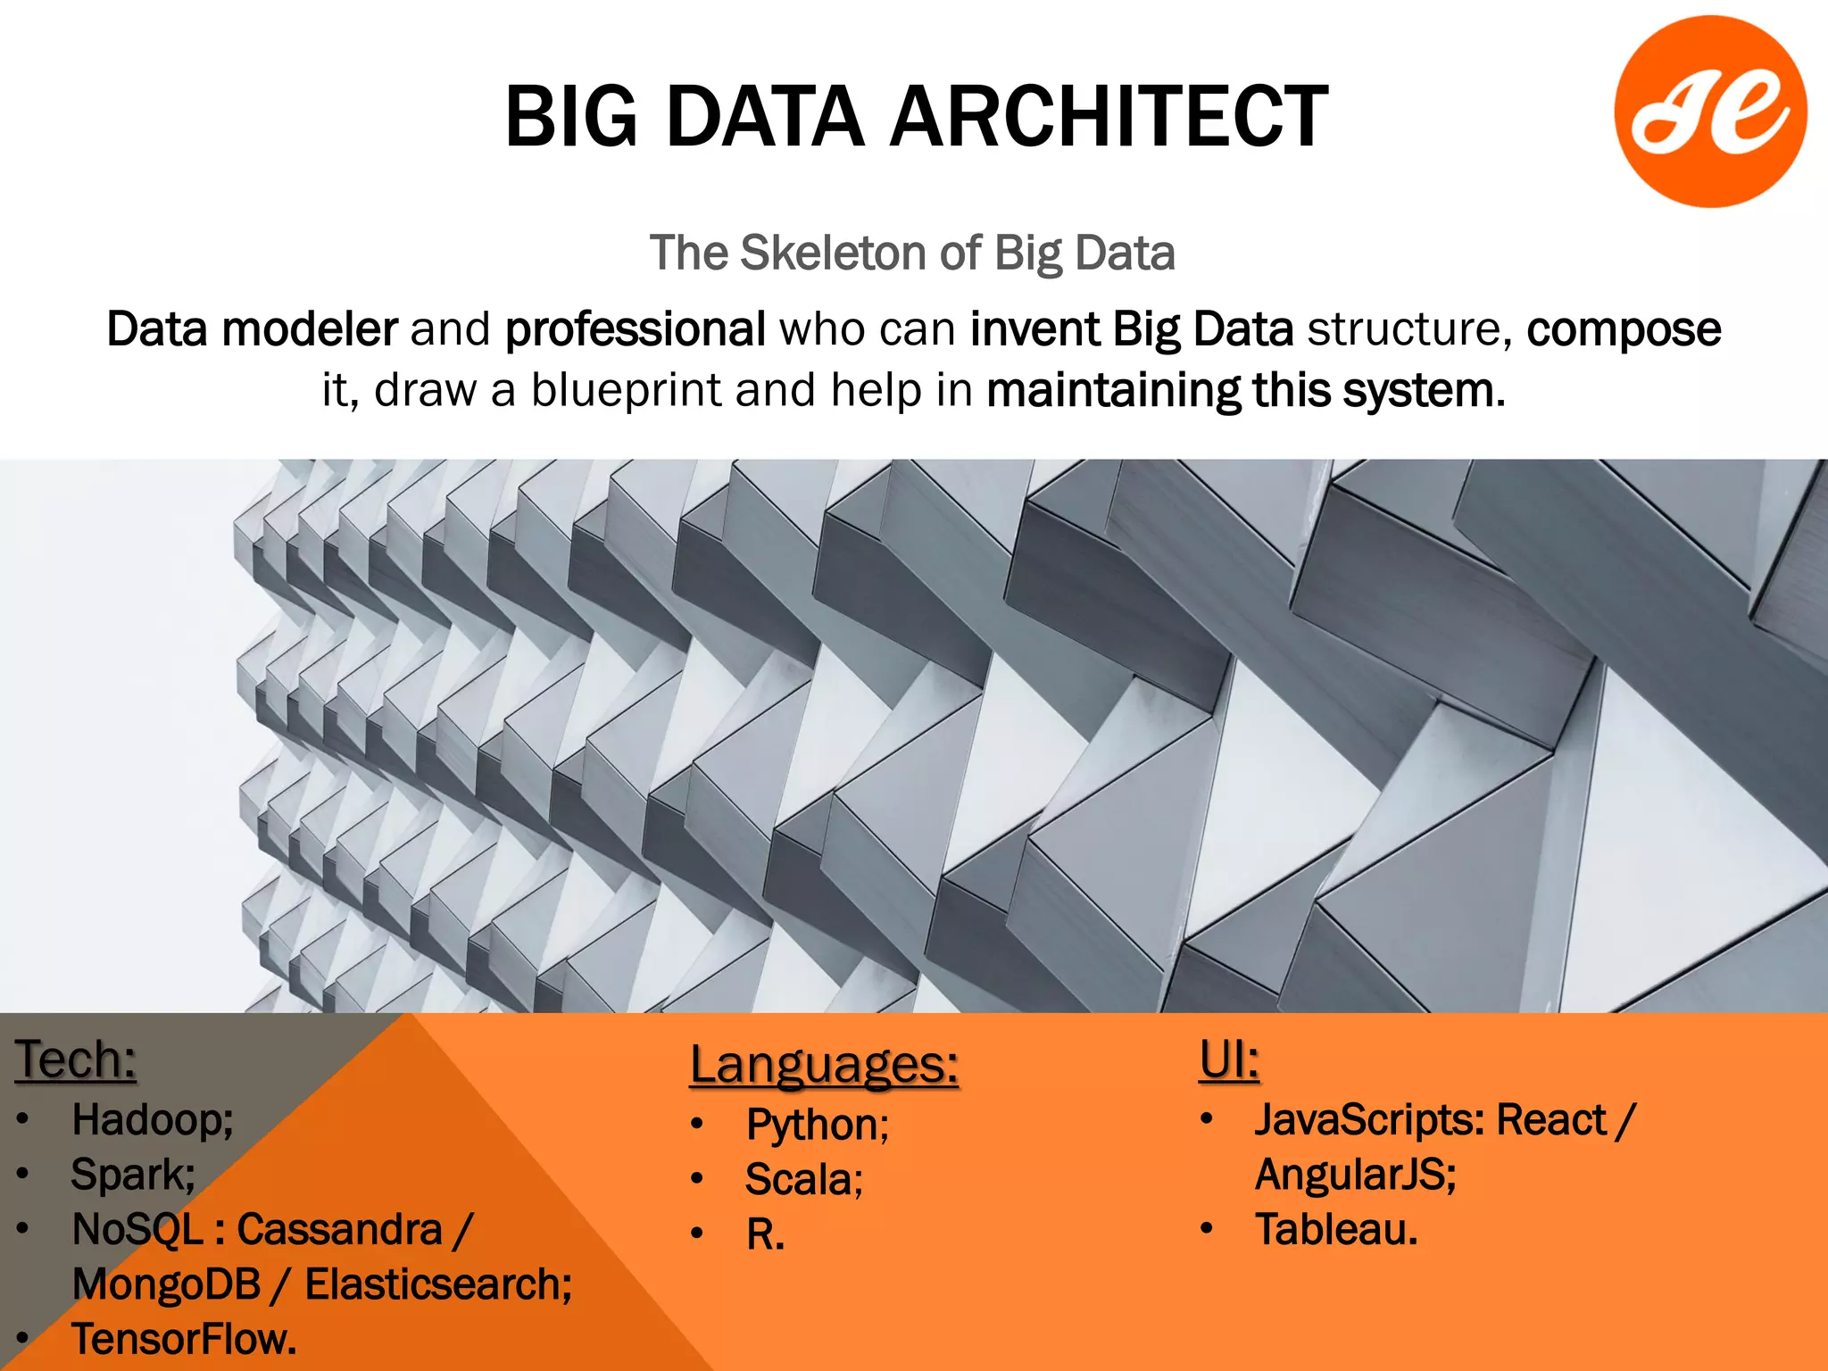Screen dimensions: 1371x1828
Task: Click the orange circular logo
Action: point(1710,112)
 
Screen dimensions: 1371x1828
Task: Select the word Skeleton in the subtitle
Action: point(834,253)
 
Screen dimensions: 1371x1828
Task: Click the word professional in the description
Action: point(635,328)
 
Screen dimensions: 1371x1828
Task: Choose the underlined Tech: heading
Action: point(76,1059)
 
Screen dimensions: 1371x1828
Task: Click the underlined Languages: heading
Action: point(824,1065)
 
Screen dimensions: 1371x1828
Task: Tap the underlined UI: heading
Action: point(1229,1059)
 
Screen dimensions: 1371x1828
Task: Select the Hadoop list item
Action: point(153,1119)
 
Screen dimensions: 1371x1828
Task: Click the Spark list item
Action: point(133,1174)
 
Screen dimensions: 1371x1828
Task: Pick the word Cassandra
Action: point(340,1229)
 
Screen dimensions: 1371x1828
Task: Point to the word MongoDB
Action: point(166,1284)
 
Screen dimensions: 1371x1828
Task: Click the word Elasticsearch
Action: point(438,1284)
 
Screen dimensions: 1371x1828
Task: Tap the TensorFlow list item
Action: point(184,1339)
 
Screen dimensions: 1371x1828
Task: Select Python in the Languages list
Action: point(818,1125)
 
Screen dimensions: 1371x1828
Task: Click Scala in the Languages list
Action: point(804,1179)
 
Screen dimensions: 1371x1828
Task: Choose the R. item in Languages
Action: point(765,1234)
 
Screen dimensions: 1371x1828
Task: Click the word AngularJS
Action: point(1355,1174)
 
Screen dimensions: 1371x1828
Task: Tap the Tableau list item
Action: point(1336,1229)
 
